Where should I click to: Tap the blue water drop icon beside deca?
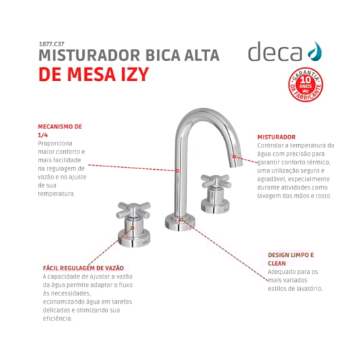click(x=314, y=51)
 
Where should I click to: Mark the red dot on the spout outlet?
click(x=234, y=157)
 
